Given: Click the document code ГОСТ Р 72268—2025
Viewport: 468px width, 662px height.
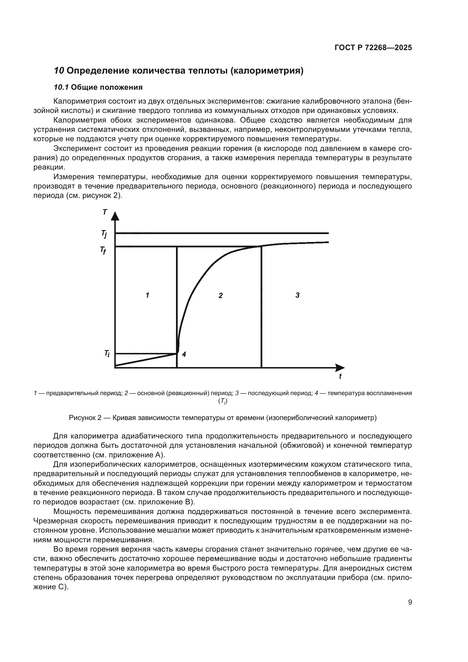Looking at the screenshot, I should coord(373,48).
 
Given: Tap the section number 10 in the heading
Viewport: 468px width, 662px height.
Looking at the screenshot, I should coord(59,71).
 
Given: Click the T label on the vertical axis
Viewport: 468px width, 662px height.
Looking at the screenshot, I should coord(105,213).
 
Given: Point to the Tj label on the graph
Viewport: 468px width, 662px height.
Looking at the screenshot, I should coord(104,234).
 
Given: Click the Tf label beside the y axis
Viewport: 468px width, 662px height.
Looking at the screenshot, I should coord(103,250).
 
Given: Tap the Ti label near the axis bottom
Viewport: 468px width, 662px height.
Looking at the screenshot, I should coord(107,354).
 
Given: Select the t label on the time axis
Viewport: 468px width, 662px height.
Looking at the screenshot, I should coord(340,376).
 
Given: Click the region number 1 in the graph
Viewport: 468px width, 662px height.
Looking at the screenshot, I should coord(147,295).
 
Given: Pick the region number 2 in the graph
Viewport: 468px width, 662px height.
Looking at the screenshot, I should coord(220,295).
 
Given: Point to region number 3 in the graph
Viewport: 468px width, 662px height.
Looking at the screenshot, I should coord(297,295).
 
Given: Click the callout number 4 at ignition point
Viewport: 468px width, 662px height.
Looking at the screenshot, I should coord(184,354).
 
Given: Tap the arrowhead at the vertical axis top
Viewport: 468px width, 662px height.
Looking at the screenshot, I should coord(115,215).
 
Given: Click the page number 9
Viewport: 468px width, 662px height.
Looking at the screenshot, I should coord(410,602).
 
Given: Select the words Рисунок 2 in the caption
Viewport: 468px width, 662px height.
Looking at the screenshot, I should coord(85,418).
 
